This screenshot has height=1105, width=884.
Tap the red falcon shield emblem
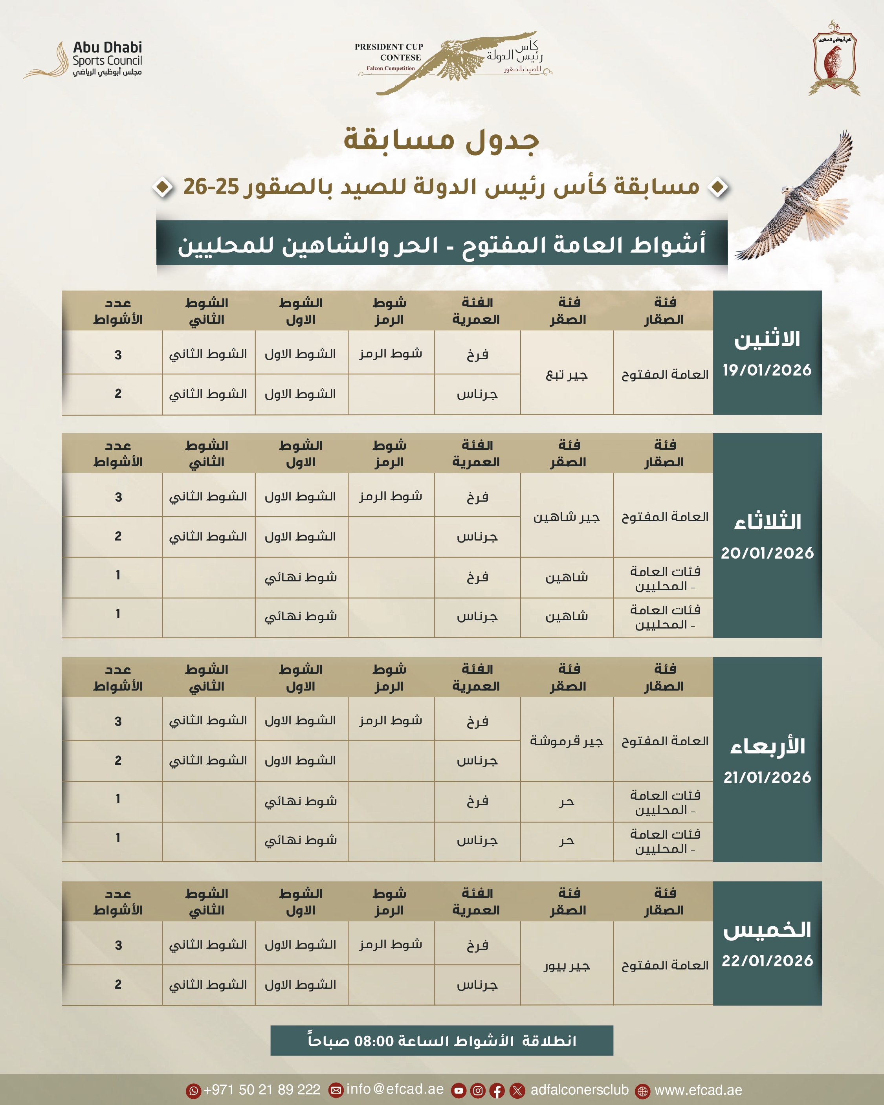click(834, 59)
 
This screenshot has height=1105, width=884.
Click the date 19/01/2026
click(767, 370)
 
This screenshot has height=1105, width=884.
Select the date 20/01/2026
click(767, 553)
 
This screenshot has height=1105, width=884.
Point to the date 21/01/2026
click(767, 777)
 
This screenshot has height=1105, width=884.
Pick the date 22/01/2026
click(767, 961)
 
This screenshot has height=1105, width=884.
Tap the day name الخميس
click(767, 930)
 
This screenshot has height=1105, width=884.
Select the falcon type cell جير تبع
click(567, 375)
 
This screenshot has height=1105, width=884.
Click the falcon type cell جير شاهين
click(567, 517)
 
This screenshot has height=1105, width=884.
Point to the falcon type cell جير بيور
click(567, 966)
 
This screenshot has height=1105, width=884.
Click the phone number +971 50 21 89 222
click(262, 1090)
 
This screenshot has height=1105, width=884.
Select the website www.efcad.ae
click(698, 1090)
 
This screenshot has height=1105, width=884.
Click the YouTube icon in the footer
click(459, 1090)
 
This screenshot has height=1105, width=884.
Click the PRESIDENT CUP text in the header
click(389, 47)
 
